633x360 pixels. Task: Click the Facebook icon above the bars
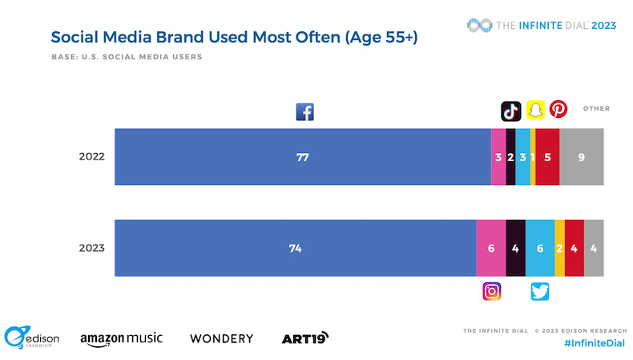(x=304, y=112)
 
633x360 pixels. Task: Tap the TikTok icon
(x=511, y=110)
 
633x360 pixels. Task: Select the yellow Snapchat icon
(x=535, y=110)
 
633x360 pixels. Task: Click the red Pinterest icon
(x=558, y=109)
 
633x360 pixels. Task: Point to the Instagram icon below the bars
(x=492, y=292)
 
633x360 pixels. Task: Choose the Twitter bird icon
(x=540, y=292)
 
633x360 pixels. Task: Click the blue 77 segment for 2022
(x=302, y=157)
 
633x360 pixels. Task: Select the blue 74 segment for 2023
(x=295, y=249)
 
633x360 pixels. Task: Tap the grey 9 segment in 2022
(x=582, y=157)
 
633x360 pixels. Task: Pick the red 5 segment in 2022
(x=547, y=157)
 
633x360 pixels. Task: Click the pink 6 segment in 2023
(x=491, y=249)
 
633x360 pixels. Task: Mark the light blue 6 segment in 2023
(x=540, y=249)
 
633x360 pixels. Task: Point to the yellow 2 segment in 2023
(x=559, y=249)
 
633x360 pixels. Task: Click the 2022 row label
(x=91, y=157)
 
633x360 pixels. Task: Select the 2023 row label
(x=91, y=249)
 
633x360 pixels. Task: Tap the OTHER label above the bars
(x=596, y=108)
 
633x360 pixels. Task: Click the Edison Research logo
(x=31, y=338)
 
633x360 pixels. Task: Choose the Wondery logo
(x=221, y=338)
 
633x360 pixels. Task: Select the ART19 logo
(x=305, y=338)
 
